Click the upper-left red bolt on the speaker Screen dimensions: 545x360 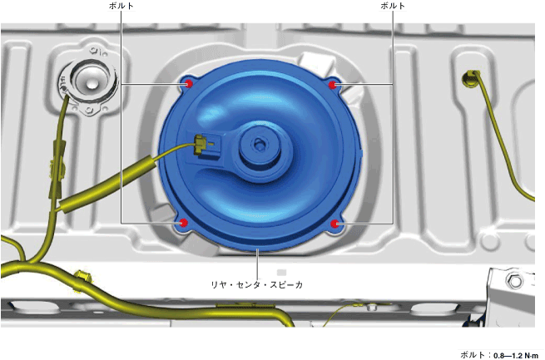[188, 84]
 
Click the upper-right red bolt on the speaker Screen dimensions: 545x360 [333, 84]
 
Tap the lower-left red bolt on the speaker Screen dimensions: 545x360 [183, 223]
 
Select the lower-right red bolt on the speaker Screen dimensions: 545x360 [334, 224]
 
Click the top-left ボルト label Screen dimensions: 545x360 [121, 6]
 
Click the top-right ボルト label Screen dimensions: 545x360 [393, 6]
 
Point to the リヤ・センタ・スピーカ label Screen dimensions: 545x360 [257, 285]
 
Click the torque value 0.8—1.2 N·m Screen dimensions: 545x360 [516, 356]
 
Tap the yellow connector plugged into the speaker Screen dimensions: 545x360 [201, 144]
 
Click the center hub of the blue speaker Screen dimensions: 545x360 [259, 144]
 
